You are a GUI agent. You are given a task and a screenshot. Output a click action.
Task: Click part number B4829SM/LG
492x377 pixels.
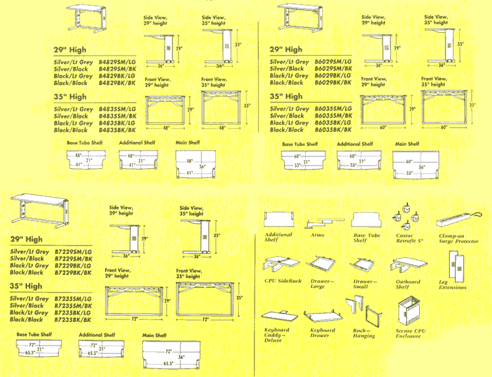117,62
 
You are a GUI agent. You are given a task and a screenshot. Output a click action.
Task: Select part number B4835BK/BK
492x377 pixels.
117,130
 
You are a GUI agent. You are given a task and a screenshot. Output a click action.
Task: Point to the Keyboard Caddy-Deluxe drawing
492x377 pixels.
277,315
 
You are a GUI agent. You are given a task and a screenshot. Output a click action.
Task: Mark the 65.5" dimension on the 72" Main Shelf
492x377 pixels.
169,363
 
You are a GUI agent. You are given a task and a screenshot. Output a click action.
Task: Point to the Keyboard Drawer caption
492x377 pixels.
322,332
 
